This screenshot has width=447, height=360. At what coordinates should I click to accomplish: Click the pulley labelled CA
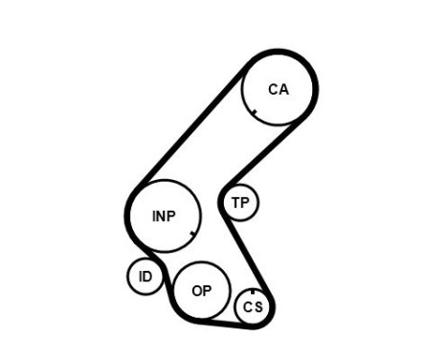point(279,88)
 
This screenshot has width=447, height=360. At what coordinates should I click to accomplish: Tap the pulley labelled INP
point(165,215)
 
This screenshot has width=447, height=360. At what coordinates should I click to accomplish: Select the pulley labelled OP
point(202,290)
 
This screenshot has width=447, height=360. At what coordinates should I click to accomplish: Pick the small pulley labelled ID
point(145,277)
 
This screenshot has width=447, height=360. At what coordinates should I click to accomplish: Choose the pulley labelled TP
point(240,203)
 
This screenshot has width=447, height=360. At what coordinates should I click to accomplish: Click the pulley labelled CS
point(253,306)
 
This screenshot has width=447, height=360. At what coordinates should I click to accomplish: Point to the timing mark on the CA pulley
point(255,112)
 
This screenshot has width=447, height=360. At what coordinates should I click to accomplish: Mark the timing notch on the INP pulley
point(193,233)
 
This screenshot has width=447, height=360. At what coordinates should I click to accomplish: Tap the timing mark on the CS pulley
point(253,291)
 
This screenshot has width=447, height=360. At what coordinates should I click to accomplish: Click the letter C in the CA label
point(273,89)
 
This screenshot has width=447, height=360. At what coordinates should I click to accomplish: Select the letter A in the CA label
point(283,89)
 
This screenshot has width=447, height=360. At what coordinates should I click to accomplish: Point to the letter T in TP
point(235,203)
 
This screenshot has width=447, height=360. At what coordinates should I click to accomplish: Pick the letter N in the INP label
point(164,215)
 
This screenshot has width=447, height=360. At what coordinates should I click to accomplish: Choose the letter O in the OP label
point(196,290)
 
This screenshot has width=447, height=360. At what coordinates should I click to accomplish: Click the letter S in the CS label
point(257,307)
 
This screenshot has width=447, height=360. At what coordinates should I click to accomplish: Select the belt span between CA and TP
point(264,152)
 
